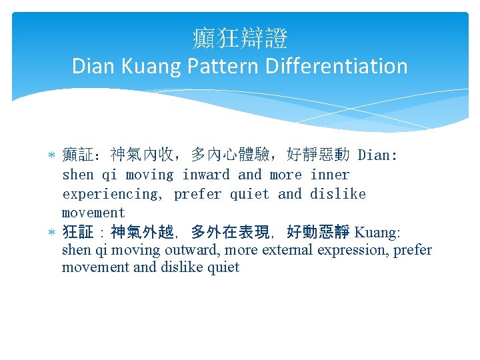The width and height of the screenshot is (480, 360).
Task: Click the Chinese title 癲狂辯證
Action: pyautogui.click(x=240, y=39)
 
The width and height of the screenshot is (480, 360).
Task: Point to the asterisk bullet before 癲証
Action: pyautogui.click(x=52, y=156)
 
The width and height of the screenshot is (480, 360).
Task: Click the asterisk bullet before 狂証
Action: pyautogui.click(x=52, y=233)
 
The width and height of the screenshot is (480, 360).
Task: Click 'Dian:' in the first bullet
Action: pyautogui.click(x=377, y=156)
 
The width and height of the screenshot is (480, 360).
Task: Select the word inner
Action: pyautogui.click(x=329, y=175)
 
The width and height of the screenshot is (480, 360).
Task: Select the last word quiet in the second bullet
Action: pyautogui.click(x=223, y=268)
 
